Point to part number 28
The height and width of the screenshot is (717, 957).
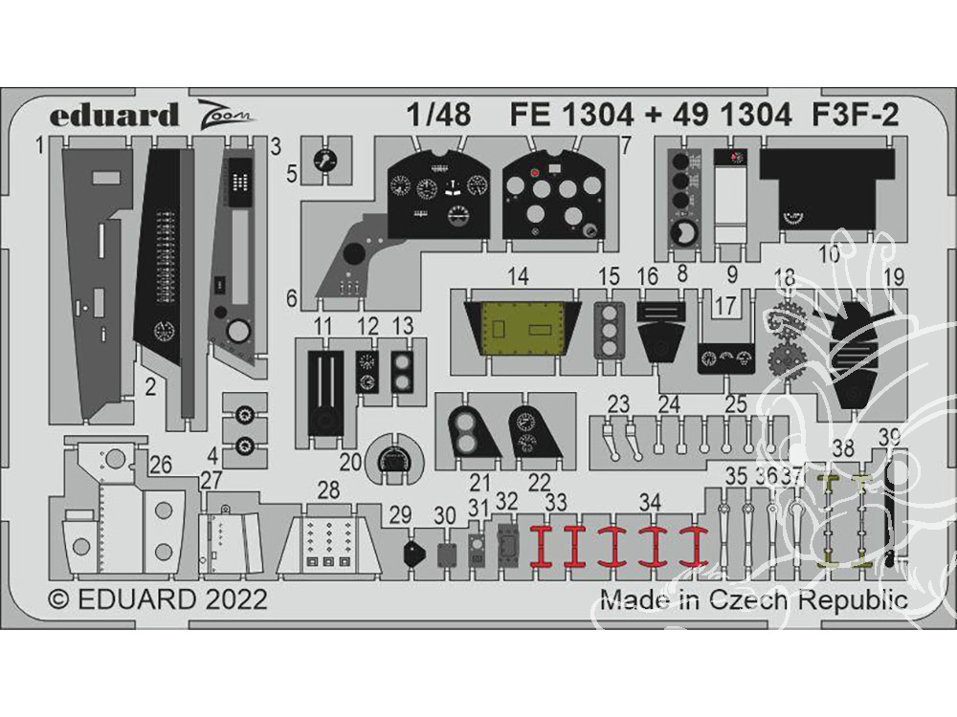(328, 490)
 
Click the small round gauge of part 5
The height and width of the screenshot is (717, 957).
(328, 161)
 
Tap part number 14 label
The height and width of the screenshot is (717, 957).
(518, 277)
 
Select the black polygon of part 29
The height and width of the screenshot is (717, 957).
(411, 552)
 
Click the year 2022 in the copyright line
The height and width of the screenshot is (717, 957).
(233, 600)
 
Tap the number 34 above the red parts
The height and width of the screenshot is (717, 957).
(650, 502)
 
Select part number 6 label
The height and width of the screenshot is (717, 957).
(291, 298)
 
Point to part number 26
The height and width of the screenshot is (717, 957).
(160, 466)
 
